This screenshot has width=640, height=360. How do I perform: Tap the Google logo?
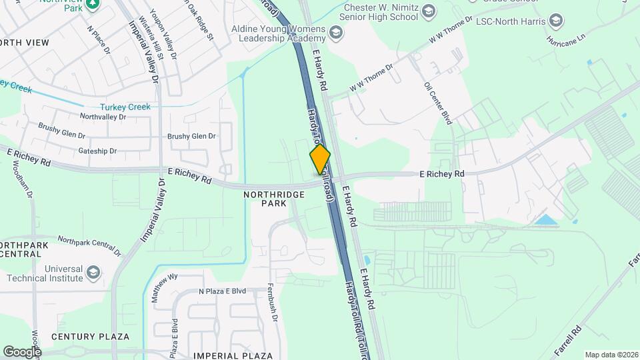tap(22, 351)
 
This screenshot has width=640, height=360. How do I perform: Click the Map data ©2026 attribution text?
tap(611, 355)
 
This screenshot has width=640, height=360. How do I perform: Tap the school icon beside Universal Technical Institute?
tap(93, 273)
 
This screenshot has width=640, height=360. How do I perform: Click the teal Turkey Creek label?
tap(125, 107)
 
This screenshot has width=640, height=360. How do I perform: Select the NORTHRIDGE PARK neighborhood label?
tap(274, 199)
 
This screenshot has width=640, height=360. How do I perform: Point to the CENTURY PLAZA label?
tap(91, 337)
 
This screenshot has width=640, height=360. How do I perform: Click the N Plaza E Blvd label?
tap(222, 291)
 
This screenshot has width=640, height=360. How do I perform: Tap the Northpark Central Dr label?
tap(89, 245)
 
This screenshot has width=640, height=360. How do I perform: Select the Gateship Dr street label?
tap(97, 151)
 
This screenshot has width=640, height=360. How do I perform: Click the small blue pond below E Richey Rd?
tap(547, 219)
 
